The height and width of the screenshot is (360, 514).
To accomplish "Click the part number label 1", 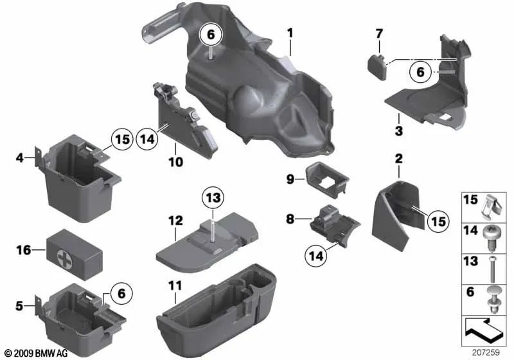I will (290, 32).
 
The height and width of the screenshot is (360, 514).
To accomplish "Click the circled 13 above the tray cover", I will (212, 197).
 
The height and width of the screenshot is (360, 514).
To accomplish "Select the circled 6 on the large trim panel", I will (211, 36).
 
